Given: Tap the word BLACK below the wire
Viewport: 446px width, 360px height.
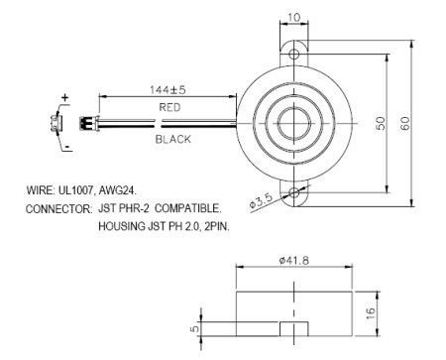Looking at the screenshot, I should (172, 141).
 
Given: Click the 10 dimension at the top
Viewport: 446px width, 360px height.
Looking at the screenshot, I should (294, 18).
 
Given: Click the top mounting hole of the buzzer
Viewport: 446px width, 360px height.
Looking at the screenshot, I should (294, 50).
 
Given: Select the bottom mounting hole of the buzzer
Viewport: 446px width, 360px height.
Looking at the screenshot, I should (294, 194).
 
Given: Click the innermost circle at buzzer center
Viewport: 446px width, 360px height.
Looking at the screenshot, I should (294, 122).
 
